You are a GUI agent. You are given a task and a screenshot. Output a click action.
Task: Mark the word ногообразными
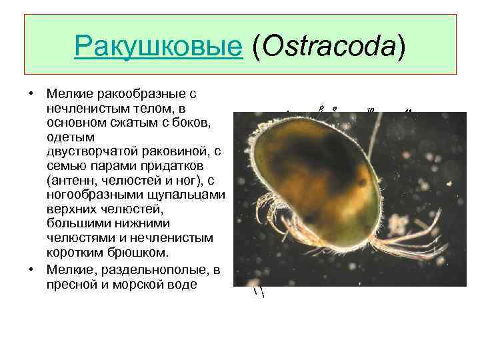93,195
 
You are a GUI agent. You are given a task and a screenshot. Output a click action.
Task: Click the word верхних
73,209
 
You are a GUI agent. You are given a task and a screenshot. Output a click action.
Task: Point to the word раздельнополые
143,268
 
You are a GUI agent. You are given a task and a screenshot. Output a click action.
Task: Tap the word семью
66,165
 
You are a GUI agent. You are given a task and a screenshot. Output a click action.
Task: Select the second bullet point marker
31,268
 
